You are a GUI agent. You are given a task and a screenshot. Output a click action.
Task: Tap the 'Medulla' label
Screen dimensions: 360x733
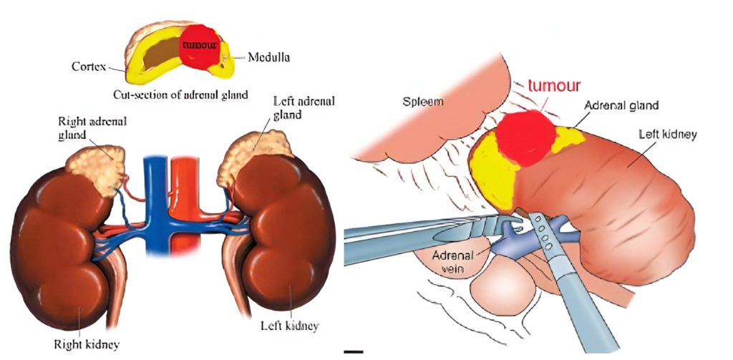268,57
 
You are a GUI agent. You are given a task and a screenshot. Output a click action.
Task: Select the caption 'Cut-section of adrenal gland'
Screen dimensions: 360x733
180,94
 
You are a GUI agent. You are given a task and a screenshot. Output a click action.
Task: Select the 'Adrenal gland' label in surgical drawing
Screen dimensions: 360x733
621,105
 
